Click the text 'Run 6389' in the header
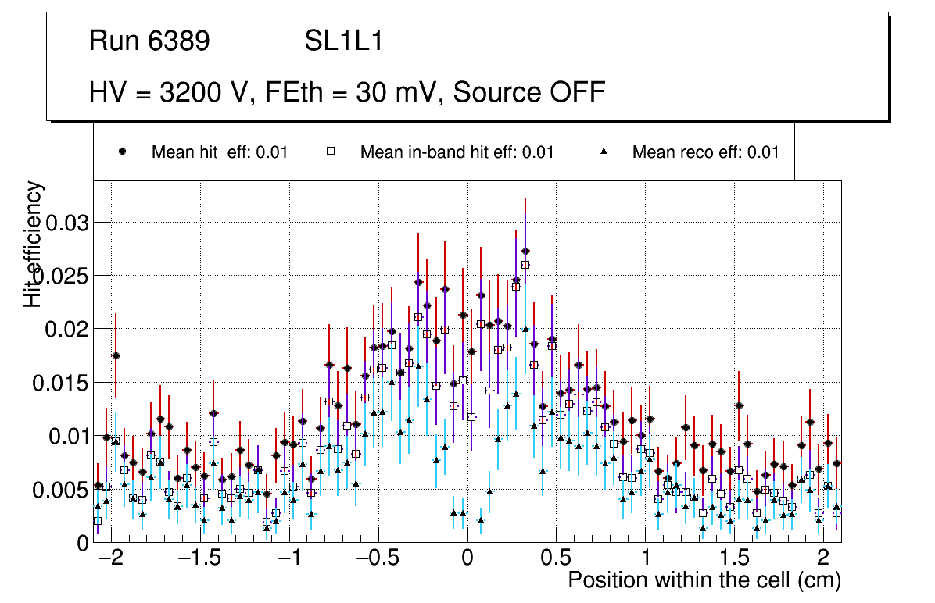point(149,41)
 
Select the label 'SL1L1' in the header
point(344,41)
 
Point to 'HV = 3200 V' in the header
point(170,92)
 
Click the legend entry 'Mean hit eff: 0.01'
point(220,152)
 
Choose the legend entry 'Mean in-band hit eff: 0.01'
point(457,152)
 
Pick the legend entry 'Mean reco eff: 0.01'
point(705,152)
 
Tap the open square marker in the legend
point(330,152)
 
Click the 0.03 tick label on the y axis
point(68,223)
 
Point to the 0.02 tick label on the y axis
point(68,329)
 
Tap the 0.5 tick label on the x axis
point(556,560)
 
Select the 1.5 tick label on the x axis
point(734,560)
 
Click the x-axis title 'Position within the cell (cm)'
point(704,581)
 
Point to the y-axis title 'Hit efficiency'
point(34,244)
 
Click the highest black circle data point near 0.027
point(525,251)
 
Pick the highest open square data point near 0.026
point(525,265)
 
